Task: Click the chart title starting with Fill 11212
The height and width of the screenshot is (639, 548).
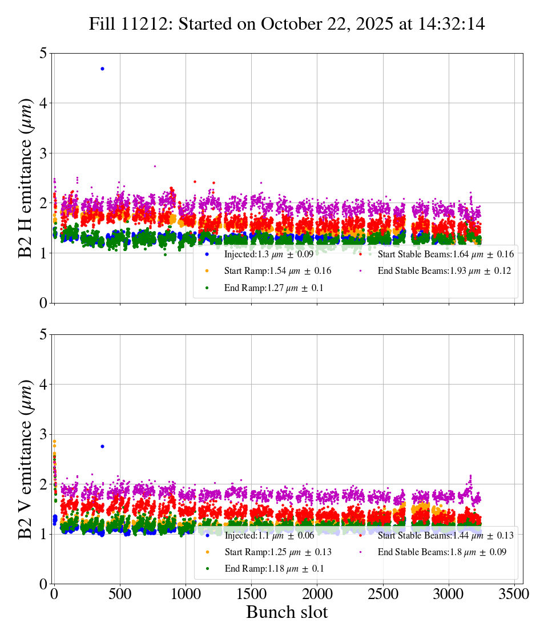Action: tap(287, 24)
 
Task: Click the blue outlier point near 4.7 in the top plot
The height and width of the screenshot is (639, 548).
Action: tap(102, 68)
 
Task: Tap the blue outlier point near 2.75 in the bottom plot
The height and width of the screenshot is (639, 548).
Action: tap(102, 446)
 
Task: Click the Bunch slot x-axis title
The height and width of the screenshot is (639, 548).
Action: tap(287, 613)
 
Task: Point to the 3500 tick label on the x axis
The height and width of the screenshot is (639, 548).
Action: tap(514, 593)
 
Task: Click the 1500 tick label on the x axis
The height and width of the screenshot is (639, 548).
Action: tap(252, 593)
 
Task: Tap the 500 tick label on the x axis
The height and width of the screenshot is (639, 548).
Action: tap(120, 593)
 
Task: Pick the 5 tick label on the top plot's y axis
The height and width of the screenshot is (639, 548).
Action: tap(43, 54)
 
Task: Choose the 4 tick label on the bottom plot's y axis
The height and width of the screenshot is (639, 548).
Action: tap(43, 385)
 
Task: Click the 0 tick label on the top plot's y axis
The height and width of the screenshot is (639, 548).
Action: tap(43, 304)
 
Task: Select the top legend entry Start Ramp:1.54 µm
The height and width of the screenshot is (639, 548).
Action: tap(277, 271)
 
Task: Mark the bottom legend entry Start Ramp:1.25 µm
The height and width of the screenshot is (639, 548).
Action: tap(277, 552)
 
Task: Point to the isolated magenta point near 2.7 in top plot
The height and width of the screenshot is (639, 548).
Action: tap(155, 166)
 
